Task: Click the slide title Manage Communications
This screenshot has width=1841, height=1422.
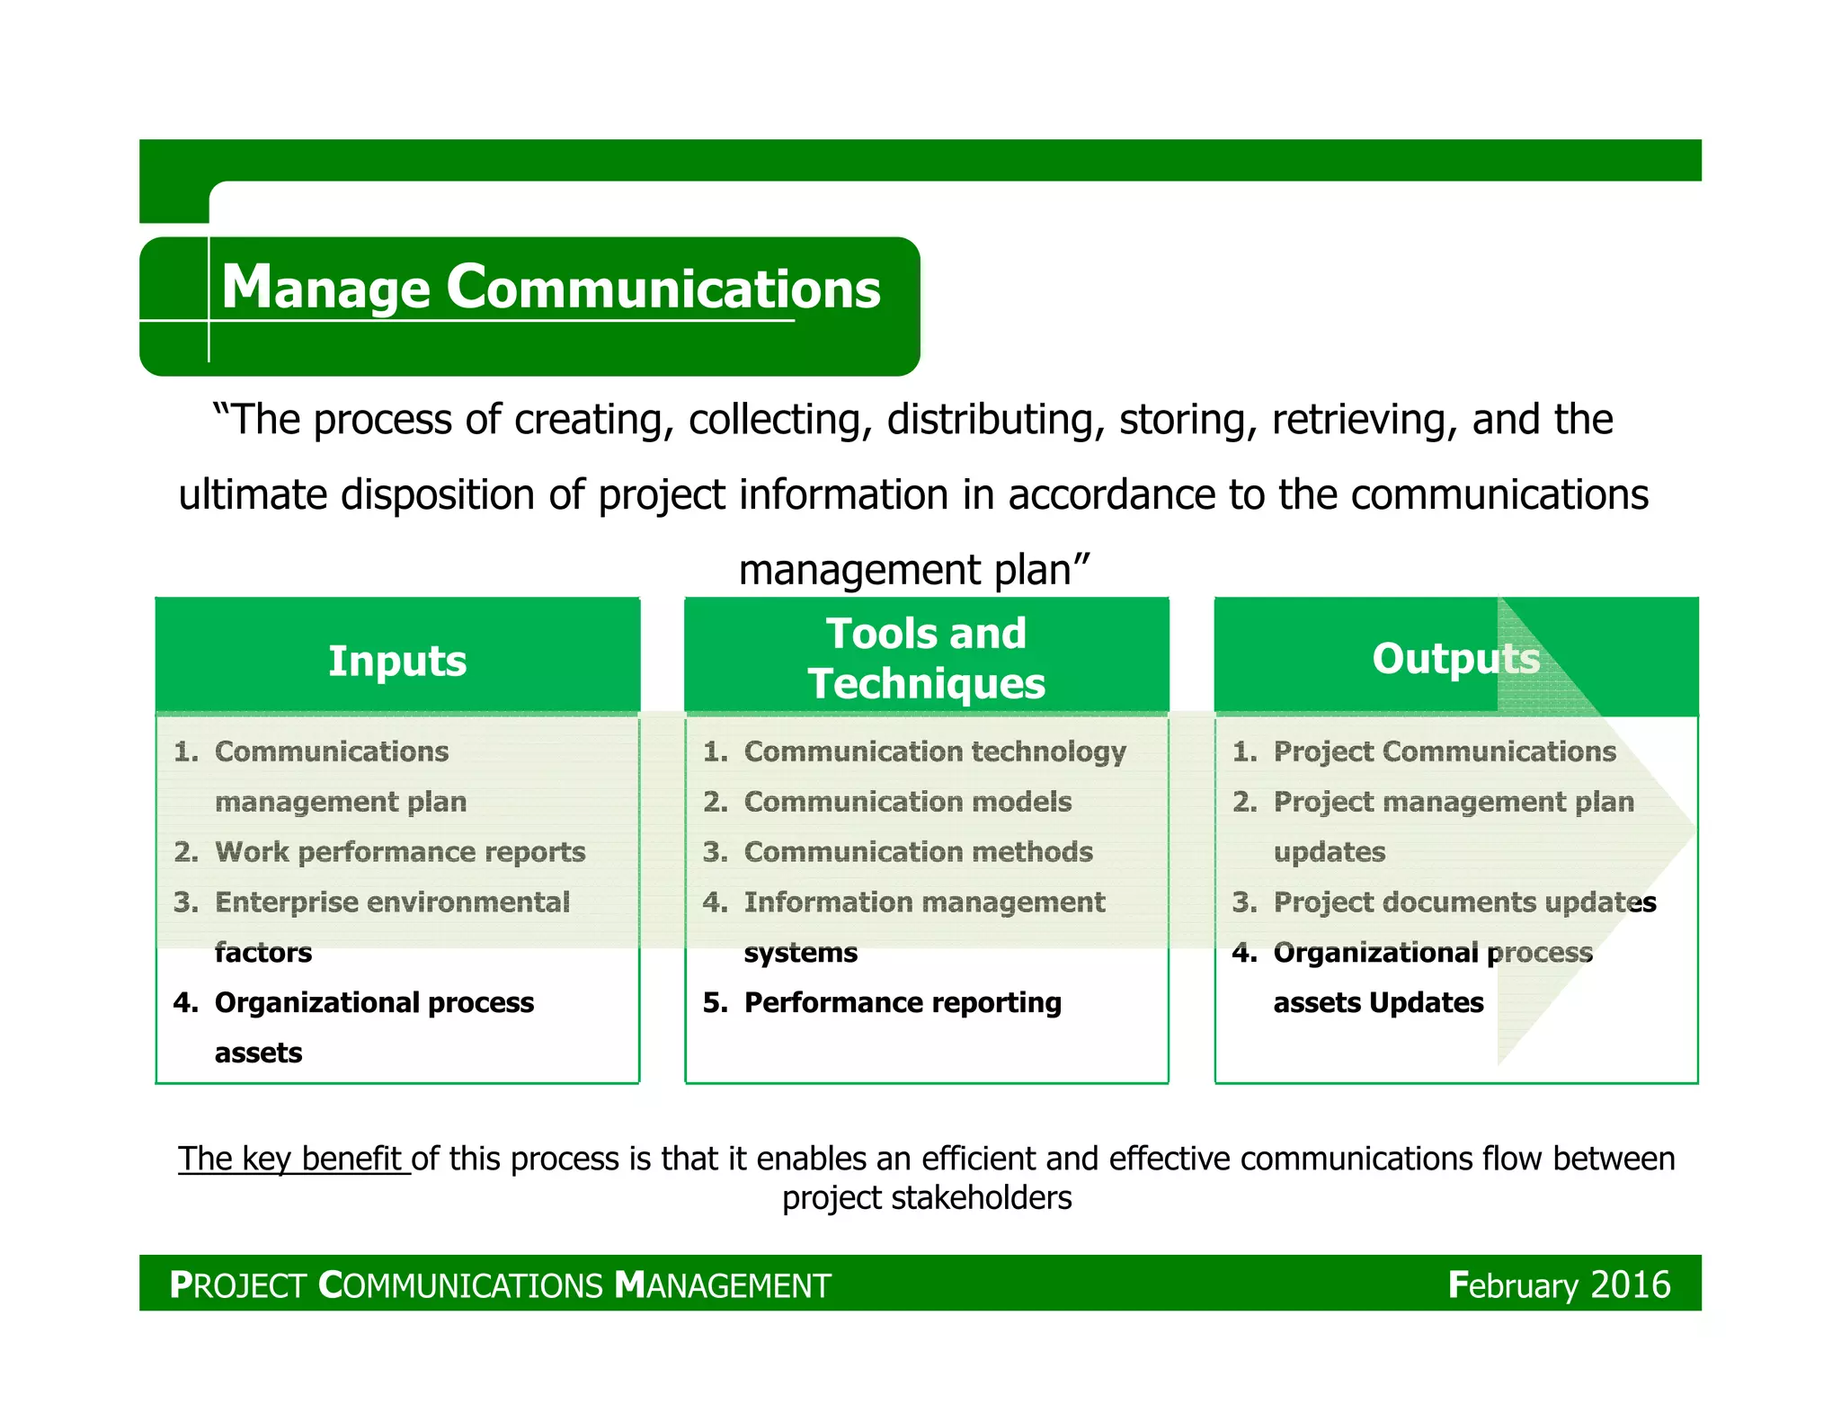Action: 550,288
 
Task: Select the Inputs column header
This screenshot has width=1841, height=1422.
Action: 397,661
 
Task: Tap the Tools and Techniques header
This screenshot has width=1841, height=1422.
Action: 926,658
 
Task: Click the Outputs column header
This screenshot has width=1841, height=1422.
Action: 1455,658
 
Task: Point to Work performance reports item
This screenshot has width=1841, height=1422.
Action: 400,852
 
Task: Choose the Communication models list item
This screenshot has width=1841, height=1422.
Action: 908,802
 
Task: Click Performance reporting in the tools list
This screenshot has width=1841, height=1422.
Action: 903,1002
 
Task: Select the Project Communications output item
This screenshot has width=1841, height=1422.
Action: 1444,751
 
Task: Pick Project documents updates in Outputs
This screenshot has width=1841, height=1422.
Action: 1464,902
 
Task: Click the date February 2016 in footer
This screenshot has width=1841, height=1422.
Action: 1559,1285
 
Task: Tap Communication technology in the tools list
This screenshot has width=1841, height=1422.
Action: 935,751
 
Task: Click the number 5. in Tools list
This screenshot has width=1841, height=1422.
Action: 716,1002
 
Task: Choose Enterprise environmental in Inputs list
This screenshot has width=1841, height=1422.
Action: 392,902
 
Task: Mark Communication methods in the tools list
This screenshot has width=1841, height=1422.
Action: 918,852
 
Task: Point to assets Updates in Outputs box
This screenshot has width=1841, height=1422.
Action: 1378,1002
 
